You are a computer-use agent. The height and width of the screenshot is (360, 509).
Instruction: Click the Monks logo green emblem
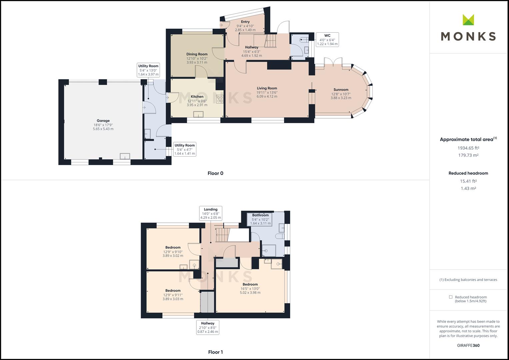pyautogui.click(x=468, y=20)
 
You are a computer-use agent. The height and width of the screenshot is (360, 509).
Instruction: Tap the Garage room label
pyautogui.click(x=103, y=121)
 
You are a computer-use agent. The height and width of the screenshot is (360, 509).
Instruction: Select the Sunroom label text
pyautogui.click(x=341, y=90)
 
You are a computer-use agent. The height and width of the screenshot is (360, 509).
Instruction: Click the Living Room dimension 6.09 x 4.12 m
pyautogui.click(x=267, y=96)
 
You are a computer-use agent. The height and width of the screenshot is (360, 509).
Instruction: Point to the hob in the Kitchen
pyautogui.click(x=220, y=99)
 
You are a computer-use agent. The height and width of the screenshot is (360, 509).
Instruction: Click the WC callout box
pyautogui.click(x=327, y=40)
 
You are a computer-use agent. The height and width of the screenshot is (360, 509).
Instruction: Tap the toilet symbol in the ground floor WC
pyautogui.click(x=304, y=40)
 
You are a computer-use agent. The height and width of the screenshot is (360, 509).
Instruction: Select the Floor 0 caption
pyautogui.click(x=215, y=173)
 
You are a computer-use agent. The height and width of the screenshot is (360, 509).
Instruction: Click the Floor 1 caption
pyautogui.click(x=215, y=352)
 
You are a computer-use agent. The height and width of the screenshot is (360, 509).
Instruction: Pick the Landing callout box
pyautogui.click(x=211, y=213)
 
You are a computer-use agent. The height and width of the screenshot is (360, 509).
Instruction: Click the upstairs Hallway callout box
pyautogui.click(x=208, y=327)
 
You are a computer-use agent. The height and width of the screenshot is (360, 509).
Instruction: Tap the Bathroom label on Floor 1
pyautogui.click(x=260, y=215)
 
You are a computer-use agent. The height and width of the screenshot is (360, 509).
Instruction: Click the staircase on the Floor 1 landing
pyautogui.click(x=222, y=235)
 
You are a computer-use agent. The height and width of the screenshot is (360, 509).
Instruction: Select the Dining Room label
pyautogui.click(x=197, y=54)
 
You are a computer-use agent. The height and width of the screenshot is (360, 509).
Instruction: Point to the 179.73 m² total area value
pyautogui.click(x=468, y=155)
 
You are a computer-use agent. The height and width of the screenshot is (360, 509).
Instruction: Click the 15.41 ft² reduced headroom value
pyautogui.click(x=468, y=181)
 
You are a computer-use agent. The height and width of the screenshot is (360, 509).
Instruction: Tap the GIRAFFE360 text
pyautogui.click(x=468, y=345)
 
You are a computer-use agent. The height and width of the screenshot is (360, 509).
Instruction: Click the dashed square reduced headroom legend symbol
pyautogui.click(x=451, y=297)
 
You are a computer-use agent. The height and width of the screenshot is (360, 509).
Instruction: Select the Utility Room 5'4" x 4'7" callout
pyautogui.click(x=185, y=149)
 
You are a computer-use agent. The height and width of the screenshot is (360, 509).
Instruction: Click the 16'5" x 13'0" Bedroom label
pyautogui.click(x=250, y=288)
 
